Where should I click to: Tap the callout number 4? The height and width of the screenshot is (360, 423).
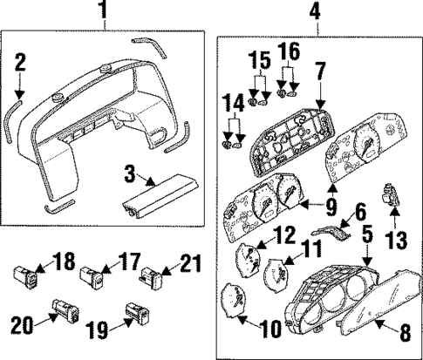coord(315,12)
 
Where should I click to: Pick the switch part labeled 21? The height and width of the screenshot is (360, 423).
coord(150,278)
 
